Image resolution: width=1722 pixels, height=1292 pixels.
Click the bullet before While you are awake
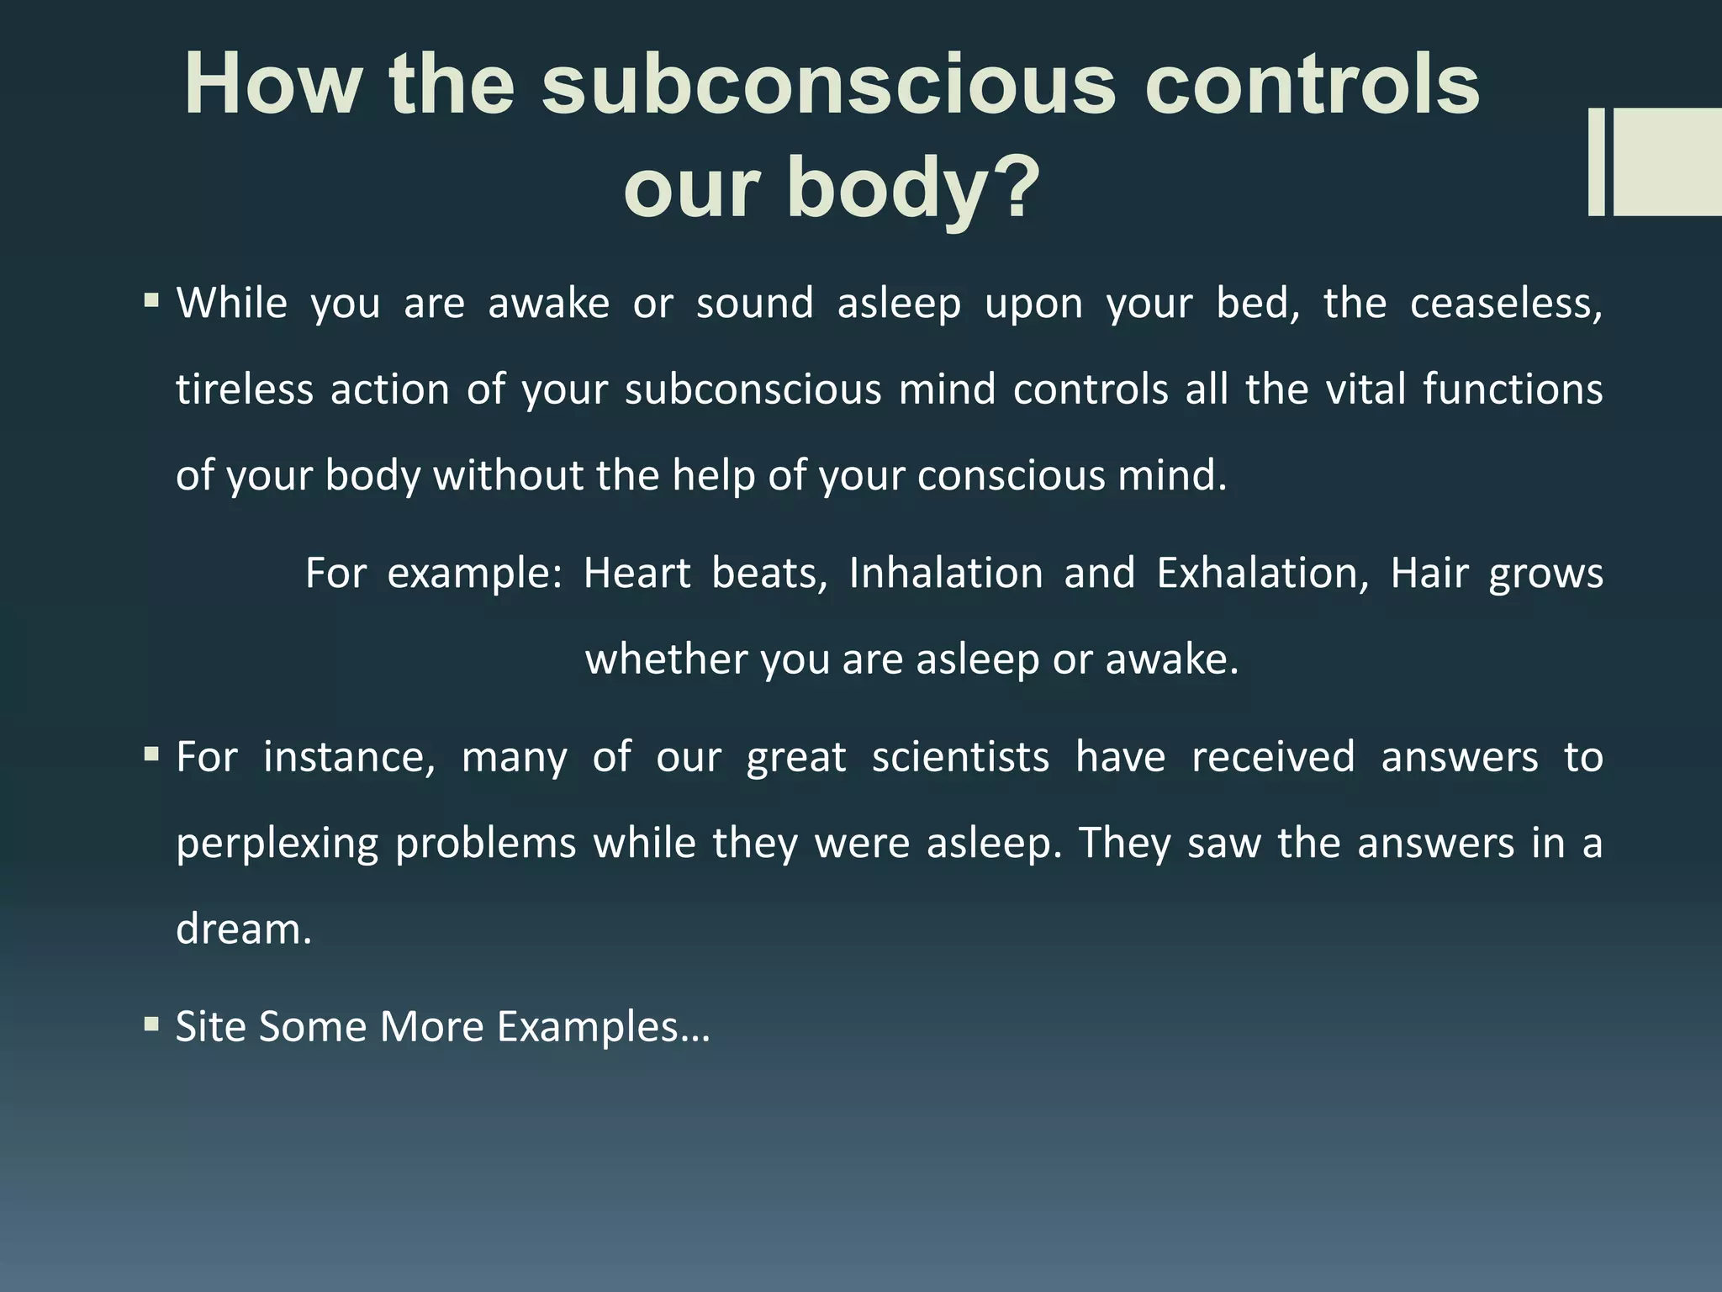(x=151, y=300)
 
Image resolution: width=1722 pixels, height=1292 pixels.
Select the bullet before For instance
(x=151, y=754)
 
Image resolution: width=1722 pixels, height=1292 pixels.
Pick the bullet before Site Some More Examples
(x=151, y=1024)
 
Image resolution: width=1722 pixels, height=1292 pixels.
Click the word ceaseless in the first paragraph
(x=1505, y=304)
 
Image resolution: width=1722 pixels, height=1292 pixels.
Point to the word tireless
(x=245, y=389)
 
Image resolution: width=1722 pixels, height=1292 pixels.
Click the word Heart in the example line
(x=637, y=574)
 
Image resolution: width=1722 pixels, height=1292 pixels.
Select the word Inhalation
(x=946, y=574)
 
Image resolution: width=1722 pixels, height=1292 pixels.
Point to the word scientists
(x=960, y=757)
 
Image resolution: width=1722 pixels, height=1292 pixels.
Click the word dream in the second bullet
(x=242, y=929)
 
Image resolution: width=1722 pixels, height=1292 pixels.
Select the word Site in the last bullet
(x=210, y=1027)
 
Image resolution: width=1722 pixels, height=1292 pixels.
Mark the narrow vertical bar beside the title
(x=1596, y=161)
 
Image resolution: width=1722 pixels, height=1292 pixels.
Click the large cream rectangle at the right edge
(x=1667, y=161)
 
